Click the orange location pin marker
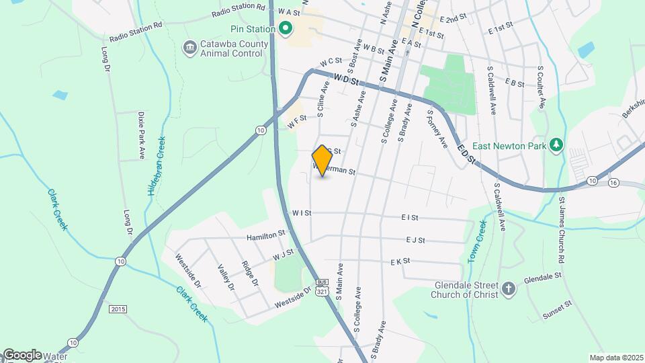(x=322, y=161)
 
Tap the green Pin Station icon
(x=285, y=29)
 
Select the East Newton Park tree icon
(x=556, y=145)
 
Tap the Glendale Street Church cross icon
(x=509, y=289)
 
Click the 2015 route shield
(x=118, y=309)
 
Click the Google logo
(x=21, y=354)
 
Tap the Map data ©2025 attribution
(x=615, y=358)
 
